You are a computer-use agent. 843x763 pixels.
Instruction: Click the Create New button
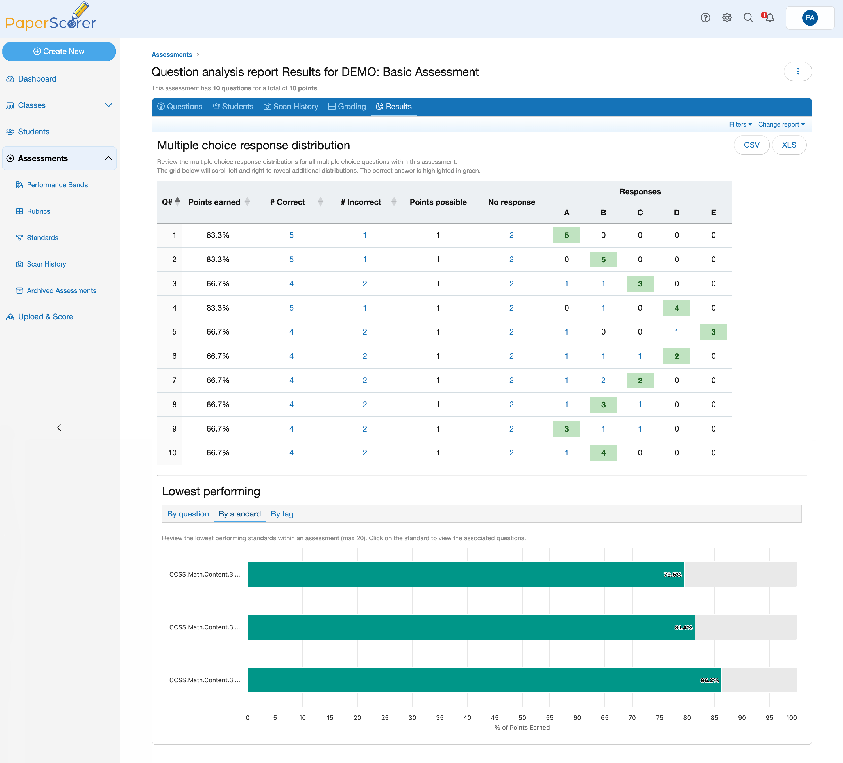[59, 51]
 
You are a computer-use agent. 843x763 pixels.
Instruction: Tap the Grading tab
[347, 107]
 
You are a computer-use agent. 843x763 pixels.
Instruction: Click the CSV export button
[751, 145]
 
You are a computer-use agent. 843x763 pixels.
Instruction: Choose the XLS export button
[789, 145]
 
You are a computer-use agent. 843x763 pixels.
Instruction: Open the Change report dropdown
[781, 125]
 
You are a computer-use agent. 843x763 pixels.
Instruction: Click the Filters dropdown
[740, 125]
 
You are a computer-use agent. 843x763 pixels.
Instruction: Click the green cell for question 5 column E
[713, 332]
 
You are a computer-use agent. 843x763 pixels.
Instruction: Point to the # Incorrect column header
[361, 202]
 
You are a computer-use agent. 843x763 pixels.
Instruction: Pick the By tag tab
[282, 514]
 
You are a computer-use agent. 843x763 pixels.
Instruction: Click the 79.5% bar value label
[672, 575]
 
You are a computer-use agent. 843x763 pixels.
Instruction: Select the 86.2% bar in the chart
[484, 680]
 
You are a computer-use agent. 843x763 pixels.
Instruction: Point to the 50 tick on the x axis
[522, 718]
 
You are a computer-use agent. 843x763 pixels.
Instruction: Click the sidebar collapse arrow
[59, 428]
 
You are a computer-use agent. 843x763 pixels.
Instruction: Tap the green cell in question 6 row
[677, 356]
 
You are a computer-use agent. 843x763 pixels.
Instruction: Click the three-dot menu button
[797, 71]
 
